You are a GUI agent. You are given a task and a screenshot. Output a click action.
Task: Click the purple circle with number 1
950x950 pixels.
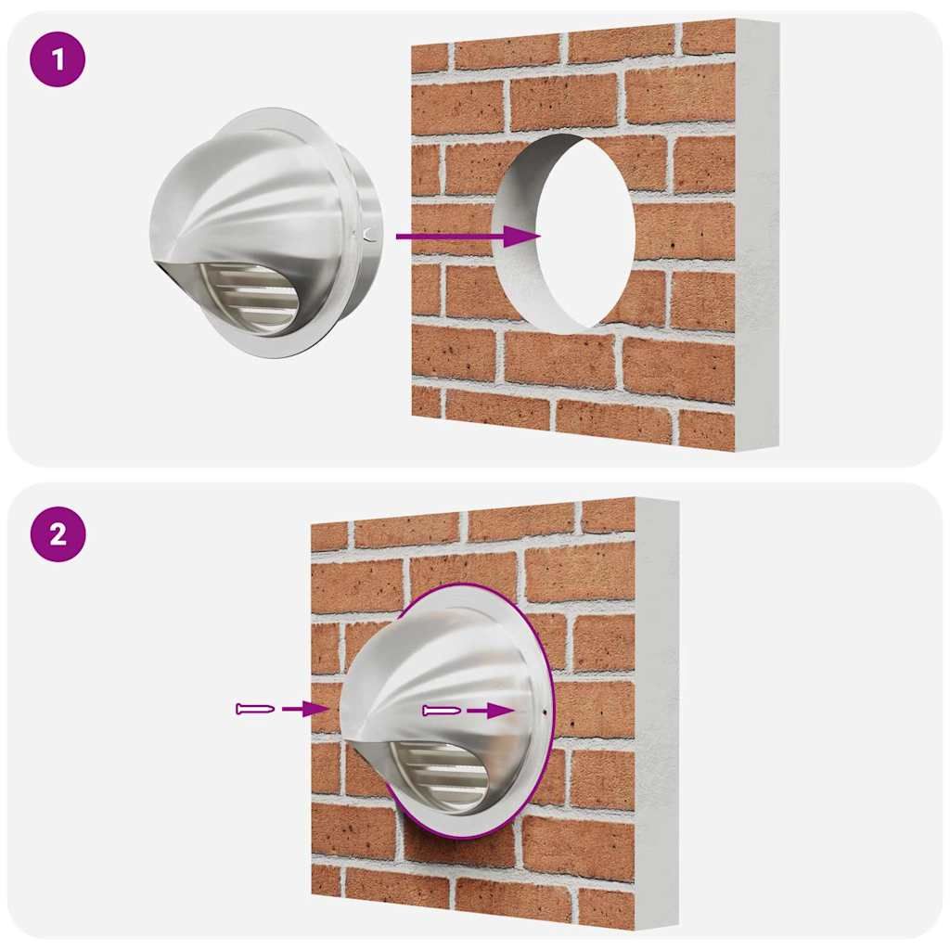58,60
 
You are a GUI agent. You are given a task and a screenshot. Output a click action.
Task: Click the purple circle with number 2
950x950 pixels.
58,534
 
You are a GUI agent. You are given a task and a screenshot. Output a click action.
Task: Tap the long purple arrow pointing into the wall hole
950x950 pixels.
468,236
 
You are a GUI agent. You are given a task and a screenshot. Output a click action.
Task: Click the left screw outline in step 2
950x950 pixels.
255,708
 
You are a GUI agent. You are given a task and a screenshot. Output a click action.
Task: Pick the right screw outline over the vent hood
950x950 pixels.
442,711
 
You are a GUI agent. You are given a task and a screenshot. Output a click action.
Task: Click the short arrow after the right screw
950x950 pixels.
491,710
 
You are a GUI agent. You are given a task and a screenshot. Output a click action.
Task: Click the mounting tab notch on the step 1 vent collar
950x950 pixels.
369,232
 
